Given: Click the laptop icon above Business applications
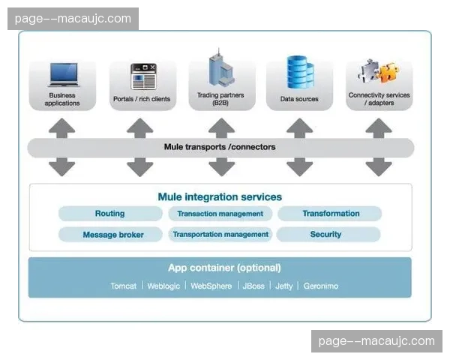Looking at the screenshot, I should [x=62, y=74].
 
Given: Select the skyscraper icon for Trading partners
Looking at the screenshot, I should [x=219, y=69].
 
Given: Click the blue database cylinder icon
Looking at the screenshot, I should [x=299, y=72].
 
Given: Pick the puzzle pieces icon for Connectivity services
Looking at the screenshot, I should [x=378, y=73].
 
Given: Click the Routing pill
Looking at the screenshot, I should [x=110, y=214].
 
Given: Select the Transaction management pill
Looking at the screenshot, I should [x=220, y=214].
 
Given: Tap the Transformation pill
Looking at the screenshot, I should [x=330, y=214].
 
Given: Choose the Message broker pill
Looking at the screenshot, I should [x=112, y=235].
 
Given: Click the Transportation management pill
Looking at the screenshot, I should [x=220, y=235].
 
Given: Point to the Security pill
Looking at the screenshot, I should [x=325, y=235].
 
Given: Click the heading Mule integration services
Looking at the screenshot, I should [x=220, y=197].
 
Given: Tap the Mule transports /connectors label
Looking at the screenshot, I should [x=220, y=147].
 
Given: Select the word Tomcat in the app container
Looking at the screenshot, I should [x=123, y=286].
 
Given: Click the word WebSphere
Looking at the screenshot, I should [x=211, y=286].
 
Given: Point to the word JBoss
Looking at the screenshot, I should [x=253, y=286].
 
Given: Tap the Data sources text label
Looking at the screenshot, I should [x=299, y=99].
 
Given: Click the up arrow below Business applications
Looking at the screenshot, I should [x=62, y=127].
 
